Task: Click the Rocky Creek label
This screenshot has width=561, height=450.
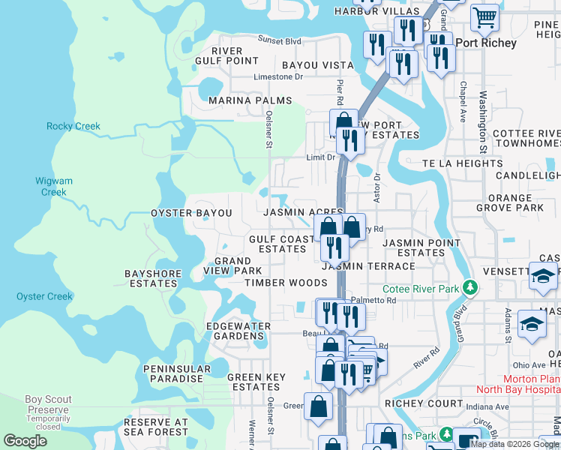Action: [x=73, y=126]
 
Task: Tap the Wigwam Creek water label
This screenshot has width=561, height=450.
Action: [x=53, y=186]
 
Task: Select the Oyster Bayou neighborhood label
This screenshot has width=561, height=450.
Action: [x=191, y=213]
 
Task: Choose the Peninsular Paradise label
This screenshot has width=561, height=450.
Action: [x=173, y=373]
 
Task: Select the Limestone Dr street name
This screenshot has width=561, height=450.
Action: [x=277, y=76]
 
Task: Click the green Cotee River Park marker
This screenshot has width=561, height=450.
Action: [x=470, y=287]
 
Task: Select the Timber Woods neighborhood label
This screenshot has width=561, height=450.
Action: [x=286, y=283]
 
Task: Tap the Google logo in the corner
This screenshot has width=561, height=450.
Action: [x=25, y=440]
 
